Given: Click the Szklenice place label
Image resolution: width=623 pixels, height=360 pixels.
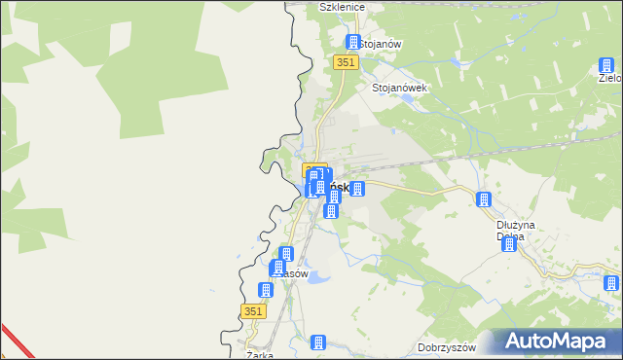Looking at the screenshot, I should click(x=341, y=7).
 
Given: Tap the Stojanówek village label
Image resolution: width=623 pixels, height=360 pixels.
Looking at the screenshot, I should click(x=400, y=87).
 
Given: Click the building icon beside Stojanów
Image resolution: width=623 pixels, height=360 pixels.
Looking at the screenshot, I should click(x=352, y=43).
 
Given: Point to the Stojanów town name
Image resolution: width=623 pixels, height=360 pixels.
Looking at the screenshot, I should click(x=382, y=44).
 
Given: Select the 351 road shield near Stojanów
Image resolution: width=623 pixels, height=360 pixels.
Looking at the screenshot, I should click(x=347, y=61).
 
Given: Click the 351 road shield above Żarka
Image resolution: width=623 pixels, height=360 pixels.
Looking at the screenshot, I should click(x=251, y=310).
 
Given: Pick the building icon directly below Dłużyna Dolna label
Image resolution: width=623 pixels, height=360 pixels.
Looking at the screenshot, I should click(x=508, y=245).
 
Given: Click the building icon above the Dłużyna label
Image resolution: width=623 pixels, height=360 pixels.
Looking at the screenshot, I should click(x=483, y=200).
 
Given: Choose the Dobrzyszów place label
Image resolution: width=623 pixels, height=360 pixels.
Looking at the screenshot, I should click(x=444, y=347).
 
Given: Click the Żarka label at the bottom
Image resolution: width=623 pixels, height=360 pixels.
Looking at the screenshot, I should click(x=260, y=354).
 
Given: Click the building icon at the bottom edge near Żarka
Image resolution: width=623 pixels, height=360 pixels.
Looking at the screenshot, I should click(x=317, y=342).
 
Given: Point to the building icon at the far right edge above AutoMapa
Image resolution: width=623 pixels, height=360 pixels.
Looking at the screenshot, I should click(x=609, y=284).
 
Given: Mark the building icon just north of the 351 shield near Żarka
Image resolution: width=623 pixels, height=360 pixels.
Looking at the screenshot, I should click(x=265, y=290).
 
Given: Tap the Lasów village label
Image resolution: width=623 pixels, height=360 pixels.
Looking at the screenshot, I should click(x=292, y=273).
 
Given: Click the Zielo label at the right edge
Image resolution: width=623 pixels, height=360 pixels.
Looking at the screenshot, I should click(x=610, y=79).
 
